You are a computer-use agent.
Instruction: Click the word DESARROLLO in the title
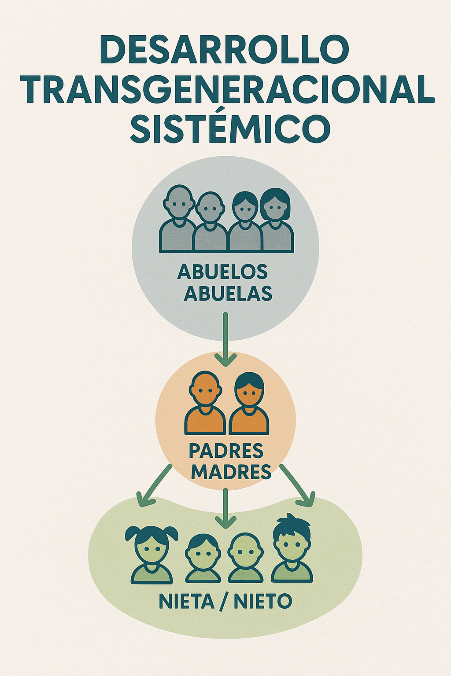[x=225, y=50]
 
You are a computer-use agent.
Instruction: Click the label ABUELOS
[x=222, y=272]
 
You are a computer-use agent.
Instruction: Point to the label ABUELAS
[x=228, y=294]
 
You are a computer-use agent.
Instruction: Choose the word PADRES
[x=226, y=451]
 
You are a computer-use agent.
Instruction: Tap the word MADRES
[x=231, y=472]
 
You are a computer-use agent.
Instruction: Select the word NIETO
[x=263, y=602]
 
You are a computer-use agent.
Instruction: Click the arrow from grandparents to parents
[x=225, y=339]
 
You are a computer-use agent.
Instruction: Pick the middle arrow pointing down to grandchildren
[x=225, y=508]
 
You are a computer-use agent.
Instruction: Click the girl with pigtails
[x=152, y=555]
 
